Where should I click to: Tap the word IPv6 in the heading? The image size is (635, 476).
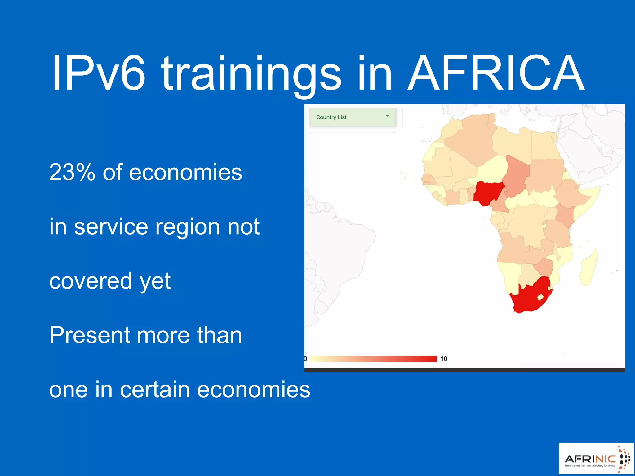click(99, 73)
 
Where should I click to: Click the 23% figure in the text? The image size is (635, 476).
click(72, 172)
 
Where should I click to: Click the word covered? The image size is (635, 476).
click(91, 281)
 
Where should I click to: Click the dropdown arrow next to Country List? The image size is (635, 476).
click(387, 116)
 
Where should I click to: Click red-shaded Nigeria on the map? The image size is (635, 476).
click(488, 192)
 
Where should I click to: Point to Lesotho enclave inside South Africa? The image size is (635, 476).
click(540, 297)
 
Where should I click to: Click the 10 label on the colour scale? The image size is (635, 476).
click(444, 359)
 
